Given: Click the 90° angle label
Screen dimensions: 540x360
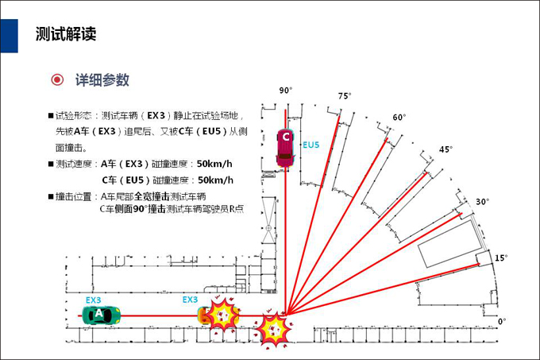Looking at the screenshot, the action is point(286,91).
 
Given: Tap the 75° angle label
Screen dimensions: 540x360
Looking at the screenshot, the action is point(345,96).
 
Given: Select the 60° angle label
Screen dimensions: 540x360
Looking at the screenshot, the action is point(399,118).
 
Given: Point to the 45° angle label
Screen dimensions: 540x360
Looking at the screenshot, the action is point(445,149).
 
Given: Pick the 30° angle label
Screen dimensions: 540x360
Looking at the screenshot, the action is point(483,202).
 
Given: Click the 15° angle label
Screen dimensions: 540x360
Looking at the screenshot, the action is point(501,257).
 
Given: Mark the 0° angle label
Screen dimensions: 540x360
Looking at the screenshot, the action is point(502,321).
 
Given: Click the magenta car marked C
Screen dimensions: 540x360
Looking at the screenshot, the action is point(286,148).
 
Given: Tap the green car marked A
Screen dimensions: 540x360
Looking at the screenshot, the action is point(102,315).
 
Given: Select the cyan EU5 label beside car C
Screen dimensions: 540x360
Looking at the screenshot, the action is point(311,145).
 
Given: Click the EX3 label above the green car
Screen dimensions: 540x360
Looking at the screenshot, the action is point(94,300).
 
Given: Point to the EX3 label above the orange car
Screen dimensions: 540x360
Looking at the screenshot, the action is point(190,300).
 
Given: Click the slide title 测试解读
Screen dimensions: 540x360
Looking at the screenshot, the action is point(66,34).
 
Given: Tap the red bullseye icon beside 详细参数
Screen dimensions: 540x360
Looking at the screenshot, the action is point(57,79).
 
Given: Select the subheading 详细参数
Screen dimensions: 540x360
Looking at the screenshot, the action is point(102,80).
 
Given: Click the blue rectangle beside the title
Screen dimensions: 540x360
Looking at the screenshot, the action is point(10,36).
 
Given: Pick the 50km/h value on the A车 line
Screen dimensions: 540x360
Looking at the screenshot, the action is point(214,164).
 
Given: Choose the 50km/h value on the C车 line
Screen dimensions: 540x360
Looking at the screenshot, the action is point(215,180).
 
